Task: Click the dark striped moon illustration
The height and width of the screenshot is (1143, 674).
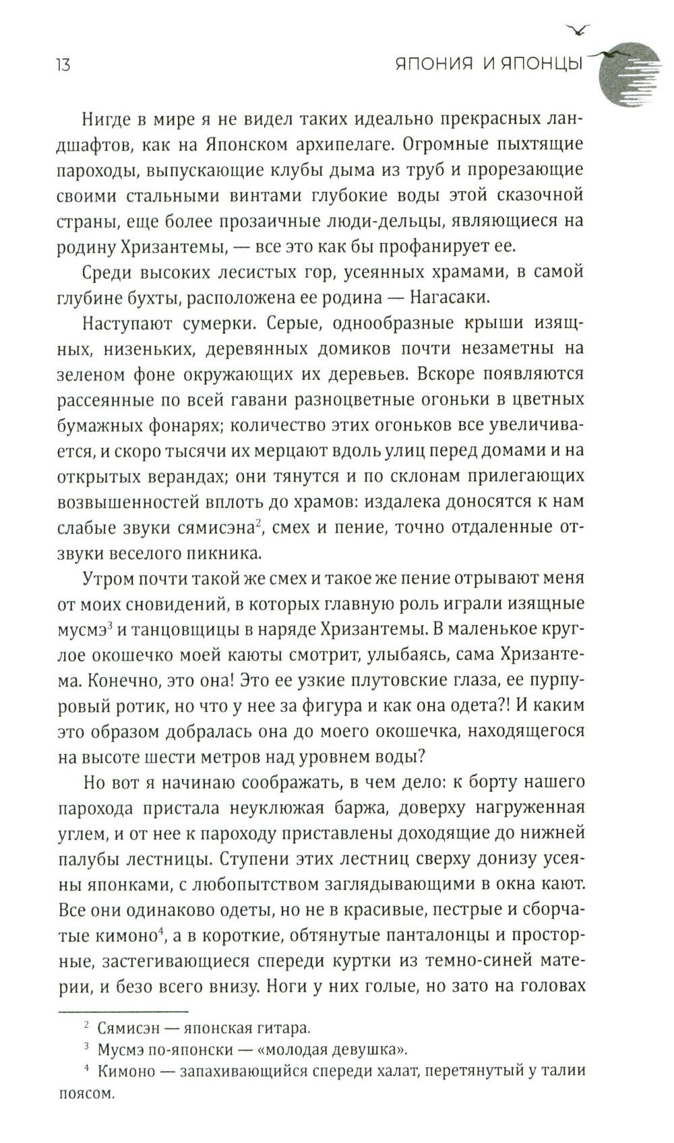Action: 630,74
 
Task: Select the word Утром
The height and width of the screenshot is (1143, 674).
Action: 107,579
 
